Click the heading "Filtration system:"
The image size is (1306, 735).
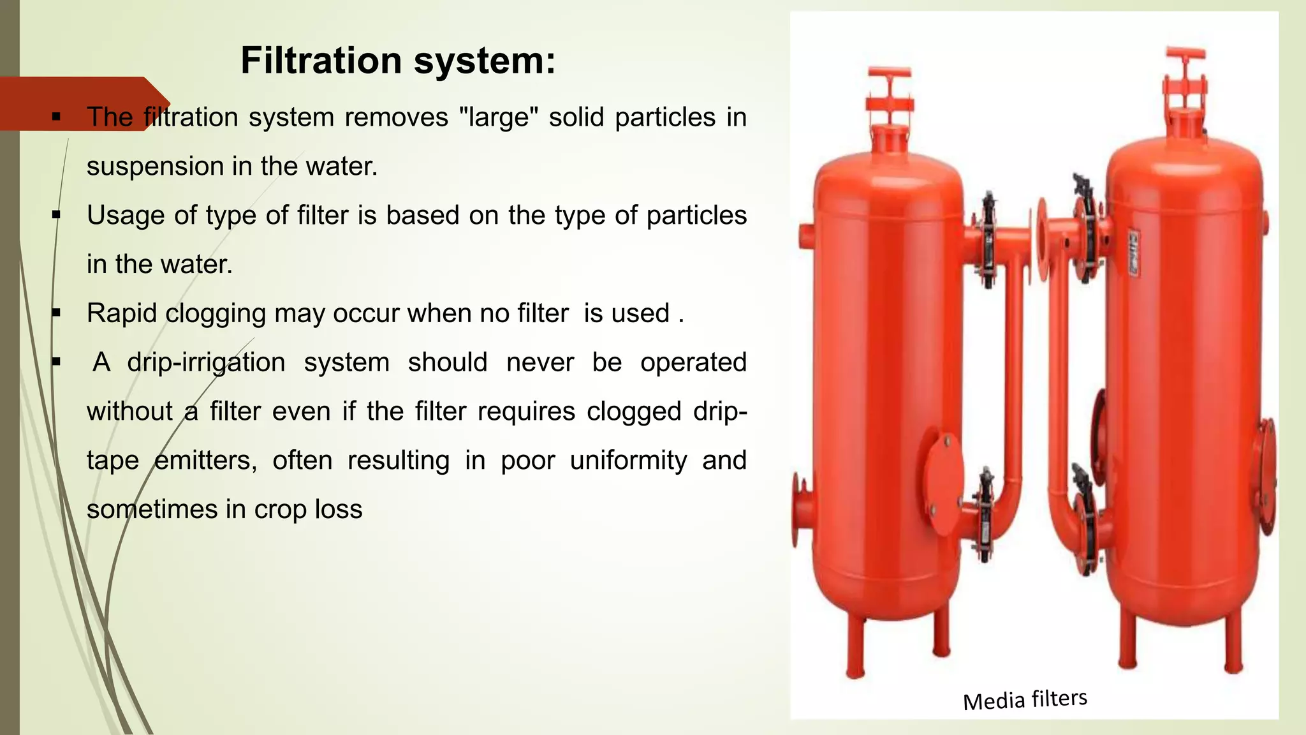(x=398, y=61)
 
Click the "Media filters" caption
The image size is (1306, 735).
(x=1025, y=699)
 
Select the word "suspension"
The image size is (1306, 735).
(x=155, y=167)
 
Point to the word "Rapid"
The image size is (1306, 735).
(x=121, y=313)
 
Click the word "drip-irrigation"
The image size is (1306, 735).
(x=206, y=362)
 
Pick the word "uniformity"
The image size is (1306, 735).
(x=628, y=461)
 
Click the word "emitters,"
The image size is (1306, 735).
(x=205, y=461)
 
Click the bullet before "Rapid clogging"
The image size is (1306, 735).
(x=56, y=313)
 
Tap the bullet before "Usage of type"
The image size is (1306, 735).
(x=56, y=216)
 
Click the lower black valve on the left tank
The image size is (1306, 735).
(x=986, y=514)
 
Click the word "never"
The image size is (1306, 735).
(x=539, y=362)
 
